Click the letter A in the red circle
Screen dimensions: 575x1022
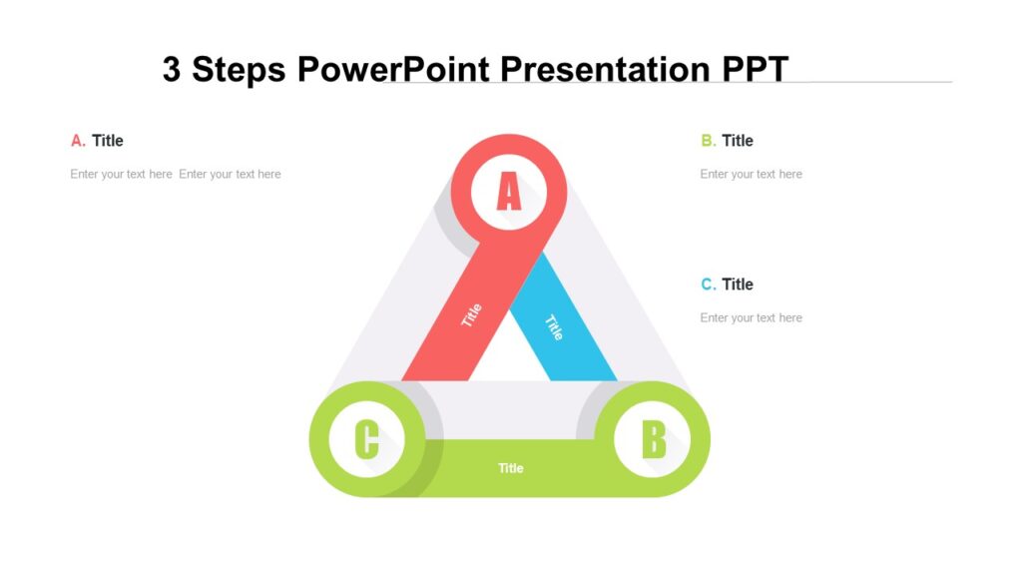click(509, 192)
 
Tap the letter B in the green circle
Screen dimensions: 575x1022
click(653, 439)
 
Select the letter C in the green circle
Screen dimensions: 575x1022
click(366, 439)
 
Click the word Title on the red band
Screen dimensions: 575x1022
click(471, 315)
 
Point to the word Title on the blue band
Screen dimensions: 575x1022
click(554, 326)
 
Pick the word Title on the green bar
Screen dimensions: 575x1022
click(510, 468)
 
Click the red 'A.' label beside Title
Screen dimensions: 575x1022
click(78, 141)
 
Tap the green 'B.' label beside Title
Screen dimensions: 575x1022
click(708, 141)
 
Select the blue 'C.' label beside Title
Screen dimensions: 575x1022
click(708, 285)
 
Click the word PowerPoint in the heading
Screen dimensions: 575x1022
click(394, 70)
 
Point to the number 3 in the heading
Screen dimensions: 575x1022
click(172, 70)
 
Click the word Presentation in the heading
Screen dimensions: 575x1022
click(604, 70)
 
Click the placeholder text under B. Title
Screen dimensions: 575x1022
click(751, 174)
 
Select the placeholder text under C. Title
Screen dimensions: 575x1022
click(751, 317)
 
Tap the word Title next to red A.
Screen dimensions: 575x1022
click(108, 141)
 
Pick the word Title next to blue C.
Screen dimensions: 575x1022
click(738, 285)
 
